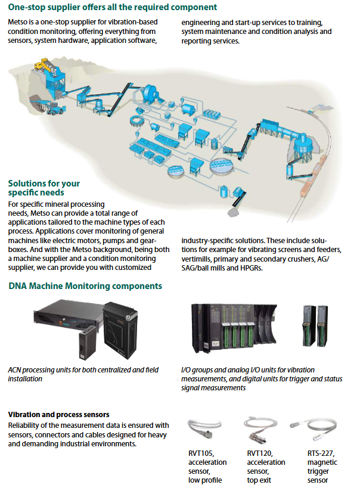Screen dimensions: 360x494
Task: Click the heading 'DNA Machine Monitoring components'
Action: point(85,286)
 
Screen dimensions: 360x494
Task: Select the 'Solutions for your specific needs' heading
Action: point(44,188)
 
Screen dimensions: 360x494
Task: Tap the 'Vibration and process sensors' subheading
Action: point(58,415)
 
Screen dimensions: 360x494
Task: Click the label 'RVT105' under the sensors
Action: point(201,453)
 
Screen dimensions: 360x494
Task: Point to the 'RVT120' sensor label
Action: point(260,453)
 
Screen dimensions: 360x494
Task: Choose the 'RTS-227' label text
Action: point(321,453)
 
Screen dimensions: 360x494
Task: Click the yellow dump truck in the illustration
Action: point(42,64)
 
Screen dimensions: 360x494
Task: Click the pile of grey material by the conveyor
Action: point(235,212)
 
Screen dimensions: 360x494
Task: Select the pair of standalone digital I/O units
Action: point(315,325)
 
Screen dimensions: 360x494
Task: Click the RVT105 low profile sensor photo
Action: point(205,428)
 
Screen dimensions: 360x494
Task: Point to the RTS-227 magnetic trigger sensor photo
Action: point(314,428)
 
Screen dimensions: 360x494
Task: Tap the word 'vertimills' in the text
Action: point(195,259)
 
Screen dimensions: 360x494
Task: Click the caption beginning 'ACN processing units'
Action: point(83,374)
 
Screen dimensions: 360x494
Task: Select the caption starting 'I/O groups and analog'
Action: point(262,378)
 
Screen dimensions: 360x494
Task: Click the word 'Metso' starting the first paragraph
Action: point(18,22)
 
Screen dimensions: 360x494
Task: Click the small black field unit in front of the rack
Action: point(86,342)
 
